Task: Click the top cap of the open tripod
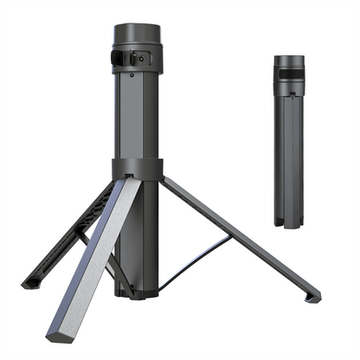(x=137, y=35)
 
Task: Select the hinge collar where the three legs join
(x=137, y=168)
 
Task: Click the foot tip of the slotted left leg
(x=27, y=282)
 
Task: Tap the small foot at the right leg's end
(x=312, y=297)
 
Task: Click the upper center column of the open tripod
(x=137, y=112)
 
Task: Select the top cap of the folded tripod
(x=289, y=62)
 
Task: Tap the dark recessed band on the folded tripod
(x=289, y=87)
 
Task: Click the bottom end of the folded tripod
(x=289, y=223)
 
